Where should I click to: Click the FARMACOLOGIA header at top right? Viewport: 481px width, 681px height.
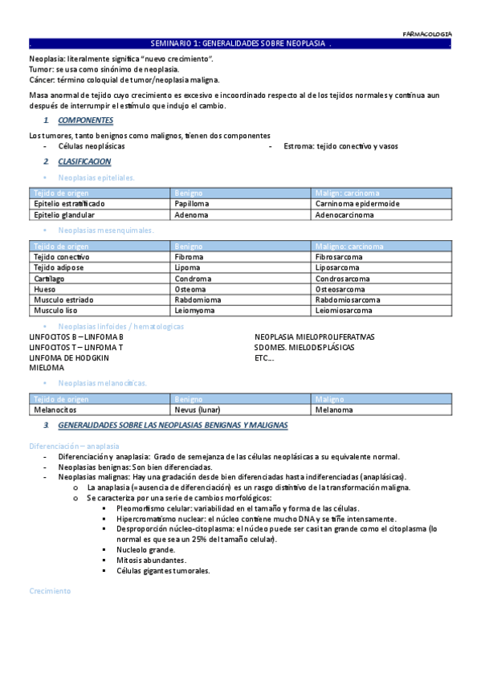(x=426, y=34)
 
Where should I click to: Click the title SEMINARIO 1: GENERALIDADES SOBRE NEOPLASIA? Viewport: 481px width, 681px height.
(x=240, y=44)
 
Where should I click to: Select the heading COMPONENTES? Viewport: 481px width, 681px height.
(x=85, y=120)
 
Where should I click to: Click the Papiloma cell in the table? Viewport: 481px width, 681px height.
(x=192, y=204)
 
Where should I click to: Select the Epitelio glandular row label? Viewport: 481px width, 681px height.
(x=64, y=215)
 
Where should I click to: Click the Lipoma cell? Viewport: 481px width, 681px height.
(x=189, y=267)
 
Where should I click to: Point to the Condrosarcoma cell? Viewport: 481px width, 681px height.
(x=343, y=279)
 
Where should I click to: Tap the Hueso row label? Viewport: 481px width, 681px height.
(x=44, y=289)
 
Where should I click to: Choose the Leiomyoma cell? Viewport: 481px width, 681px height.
(x=195, y=310)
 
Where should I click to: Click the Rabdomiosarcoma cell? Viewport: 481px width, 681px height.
(x=347, y=300)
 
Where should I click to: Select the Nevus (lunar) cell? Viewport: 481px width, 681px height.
(x=198, y=410)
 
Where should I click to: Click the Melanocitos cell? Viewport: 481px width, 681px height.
(x=55, y=410)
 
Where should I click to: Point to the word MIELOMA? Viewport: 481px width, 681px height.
(x=47, y=368)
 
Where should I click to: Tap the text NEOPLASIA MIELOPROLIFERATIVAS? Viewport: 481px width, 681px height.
(x=314, y=337)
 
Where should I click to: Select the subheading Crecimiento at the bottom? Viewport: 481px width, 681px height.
(x=50, y=590)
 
